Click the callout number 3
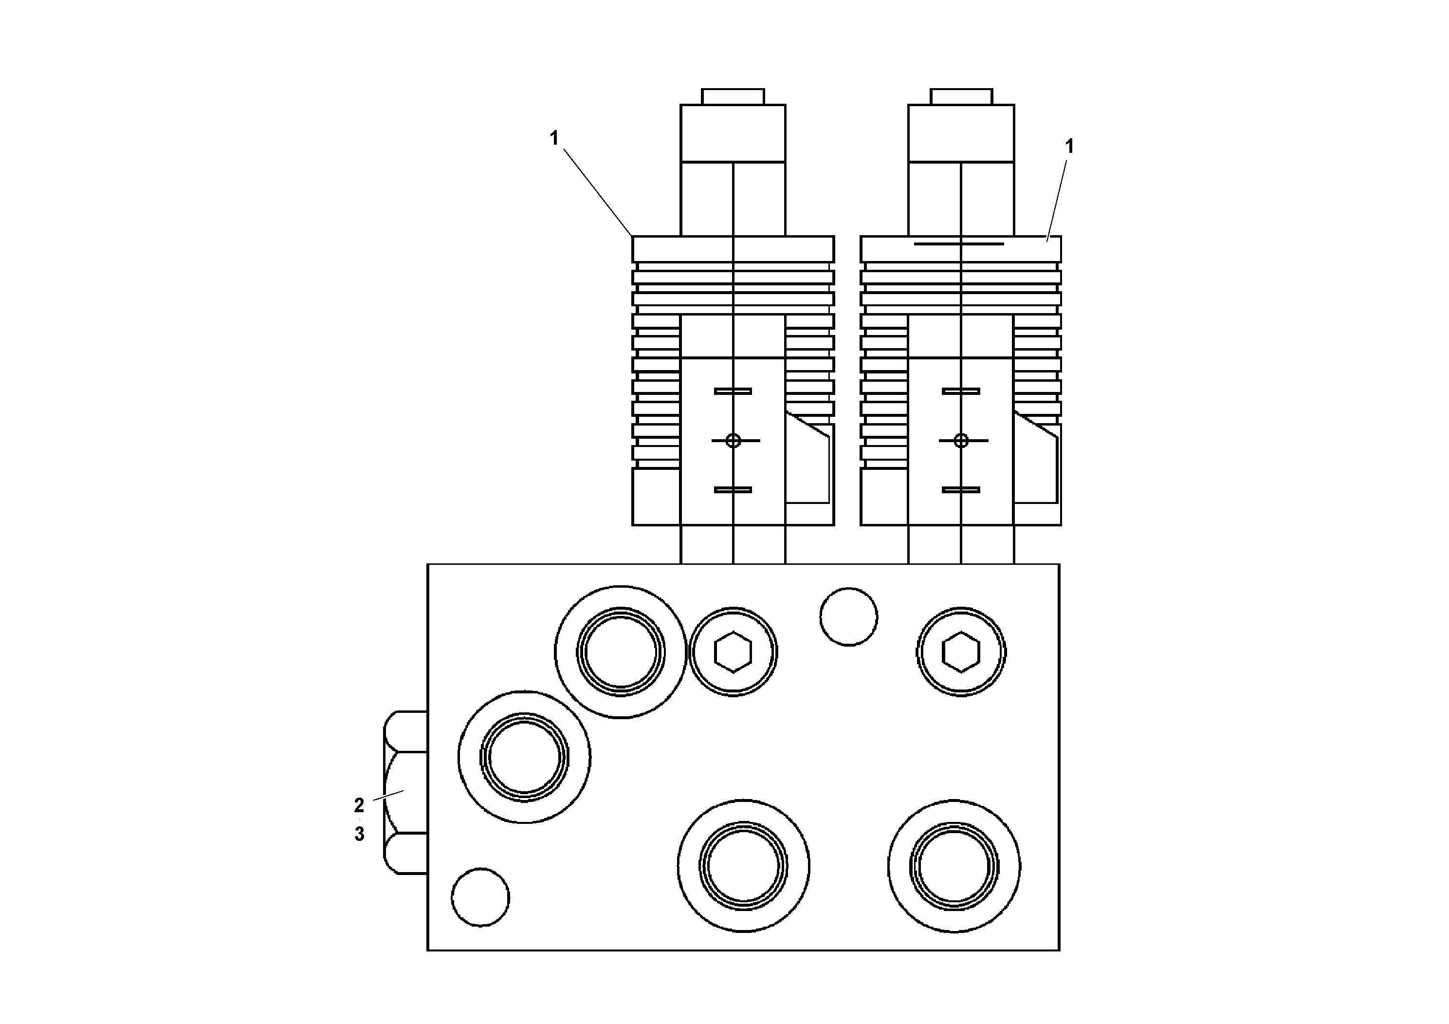click(359, 835)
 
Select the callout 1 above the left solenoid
click(554, 138)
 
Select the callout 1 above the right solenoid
click(1069, 147)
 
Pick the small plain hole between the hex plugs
click(848, 617)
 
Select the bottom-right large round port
click(954, 866)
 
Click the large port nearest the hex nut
click(524, 757)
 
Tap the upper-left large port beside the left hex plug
click(621, 652)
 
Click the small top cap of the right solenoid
click(961, 96)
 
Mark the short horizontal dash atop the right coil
click(959, 243)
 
